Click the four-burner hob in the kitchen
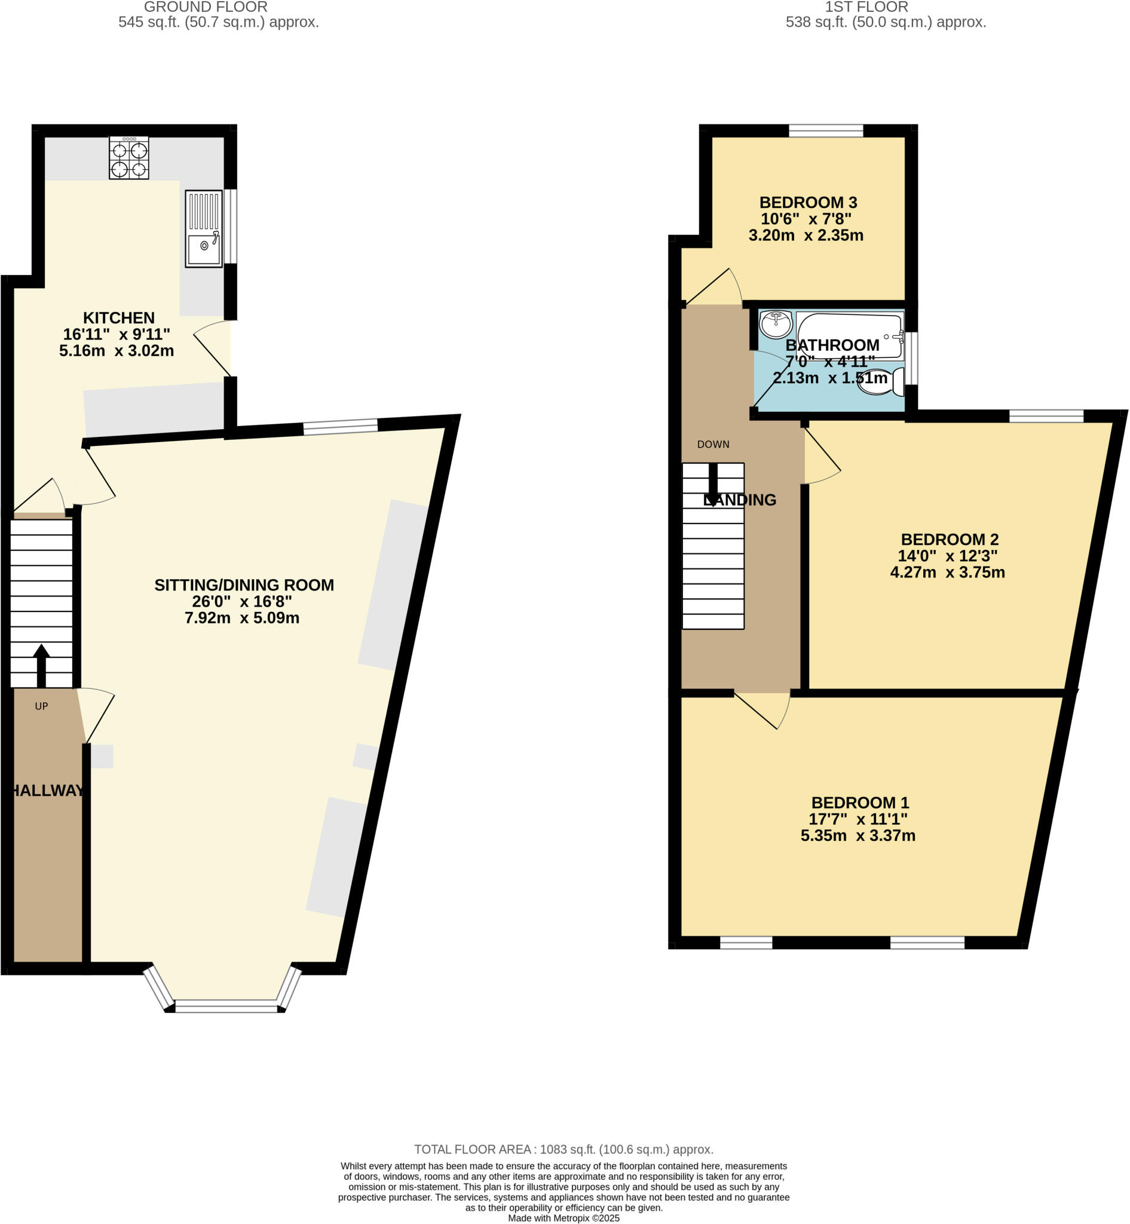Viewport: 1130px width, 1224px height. click(x=128, y=158)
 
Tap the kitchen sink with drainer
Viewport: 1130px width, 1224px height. click(x=204, y=228)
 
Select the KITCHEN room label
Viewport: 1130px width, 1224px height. click(x=119, y=318)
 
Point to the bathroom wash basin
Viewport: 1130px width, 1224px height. click(x=776, y=323)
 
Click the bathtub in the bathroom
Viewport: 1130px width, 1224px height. click(x=850, y=335)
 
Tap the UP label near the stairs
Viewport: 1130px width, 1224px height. click(x=41, y=706)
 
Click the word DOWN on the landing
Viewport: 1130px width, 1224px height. click(x=713, y=445)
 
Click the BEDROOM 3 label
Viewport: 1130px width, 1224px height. click(x=808, y=203)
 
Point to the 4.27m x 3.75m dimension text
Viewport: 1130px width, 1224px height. click(x=947, y=573)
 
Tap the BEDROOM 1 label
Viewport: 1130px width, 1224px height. click(x=860, y=803)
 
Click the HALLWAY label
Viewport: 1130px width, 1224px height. click(x=48, y=790)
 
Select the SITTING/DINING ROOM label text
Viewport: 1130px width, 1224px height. click(x=244, y=585)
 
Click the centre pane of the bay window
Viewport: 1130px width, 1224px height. click(x=226, y=1006)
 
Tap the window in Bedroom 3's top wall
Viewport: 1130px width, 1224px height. click(x=825, y=130)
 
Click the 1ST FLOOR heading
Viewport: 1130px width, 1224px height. click(x=866, y=7)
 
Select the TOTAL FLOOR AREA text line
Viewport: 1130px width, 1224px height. click(x=564, y=1149)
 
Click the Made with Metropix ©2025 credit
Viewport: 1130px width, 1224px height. click(x=564, y=1218)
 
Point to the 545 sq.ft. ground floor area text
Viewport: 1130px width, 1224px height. click(x=218, y=23)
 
